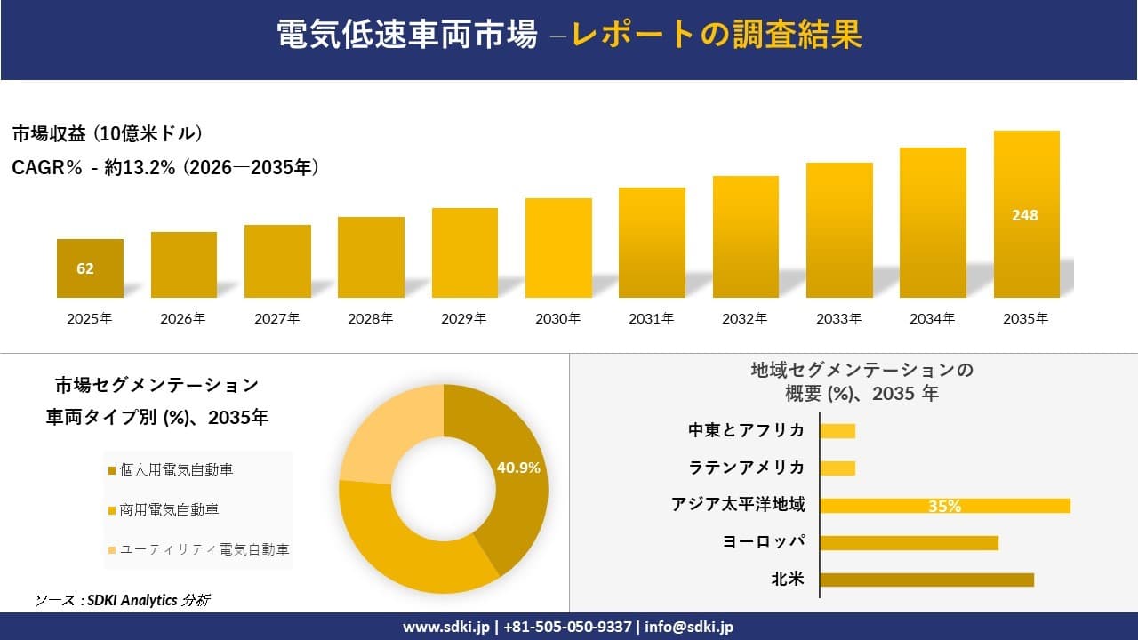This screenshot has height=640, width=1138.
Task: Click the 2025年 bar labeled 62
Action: [90, 268]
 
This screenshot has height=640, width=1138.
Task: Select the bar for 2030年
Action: [558, 248]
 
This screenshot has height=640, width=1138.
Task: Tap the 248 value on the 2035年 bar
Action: [1025, 215]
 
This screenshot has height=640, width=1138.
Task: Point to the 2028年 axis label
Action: [371, 318]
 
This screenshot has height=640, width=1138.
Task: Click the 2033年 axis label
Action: [839, 318]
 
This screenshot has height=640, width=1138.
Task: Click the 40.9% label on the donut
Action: [519, 468]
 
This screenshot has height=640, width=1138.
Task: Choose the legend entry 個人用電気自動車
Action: [176, 470]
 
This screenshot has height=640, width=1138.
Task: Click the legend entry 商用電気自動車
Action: [169, 510]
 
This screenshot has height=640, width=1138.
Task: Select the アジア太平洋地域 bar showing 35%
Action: [944, 506]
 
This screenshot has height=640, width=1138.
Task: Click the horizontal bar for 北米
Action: [926, 580]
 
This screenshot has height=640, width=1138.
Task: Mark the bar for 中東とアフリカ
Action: [837, 431]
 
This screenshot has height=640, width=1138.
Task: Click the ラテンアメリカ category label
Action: [747, 468]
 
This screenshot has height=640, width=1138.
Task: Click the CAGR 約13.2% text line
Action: [165, 167]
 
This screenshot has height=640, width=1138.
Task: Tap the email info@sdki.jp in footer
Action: [689, 627]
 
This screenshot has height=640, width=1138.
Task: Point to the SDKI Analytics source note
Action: [123, 600]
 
